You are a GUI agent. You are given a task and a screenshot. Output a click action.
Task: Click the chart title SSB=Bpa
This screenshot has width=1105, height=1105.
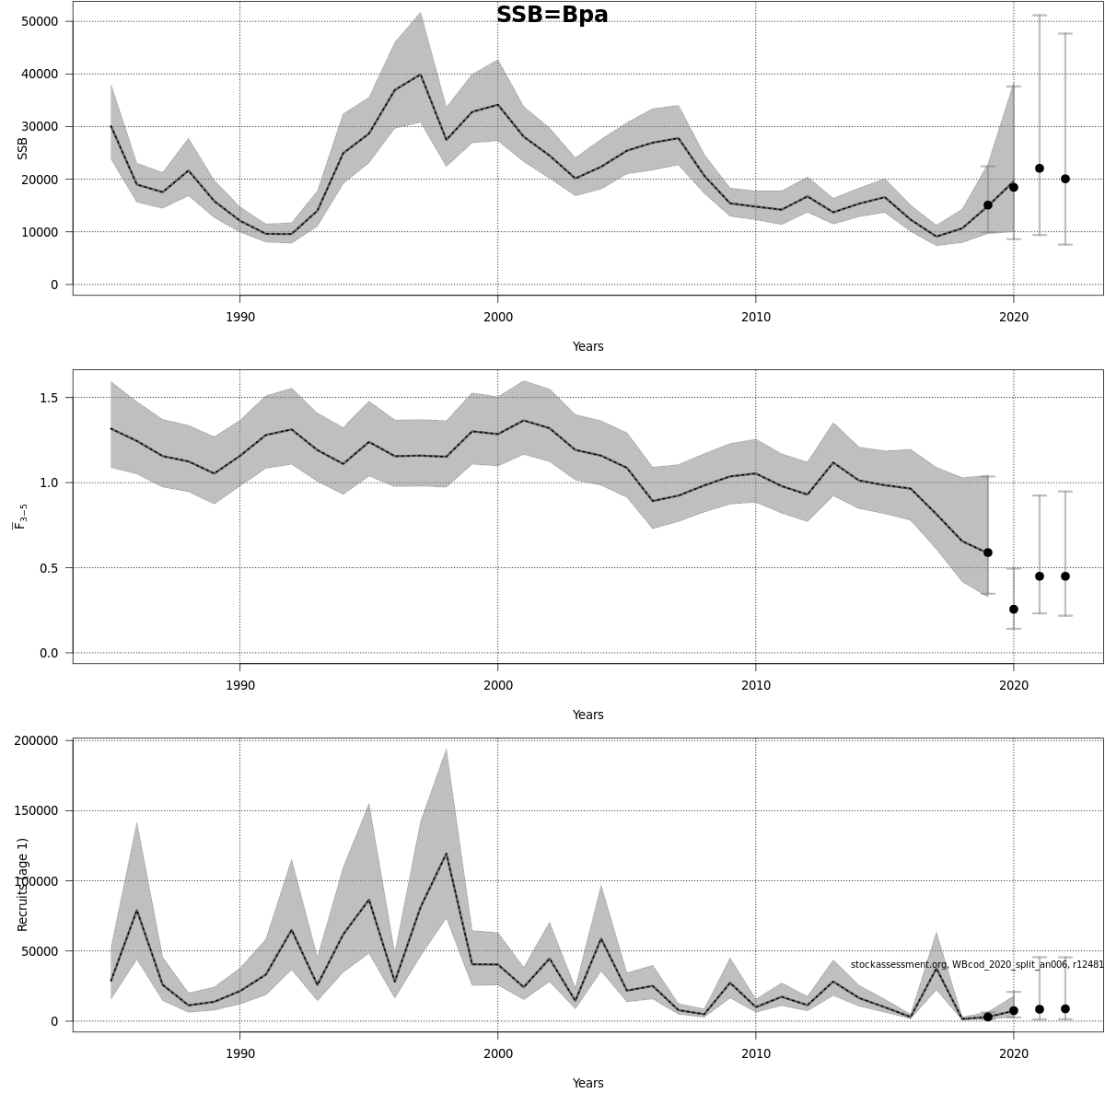coord(552,15)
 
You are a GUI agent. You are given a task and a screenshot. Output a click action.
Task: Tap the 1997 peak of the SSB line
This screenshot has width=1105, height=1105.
coord(421,75)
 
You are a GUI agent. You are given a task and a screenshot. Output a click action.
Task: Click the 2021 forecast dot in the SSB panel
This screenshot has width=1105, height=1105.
coord(1040,169)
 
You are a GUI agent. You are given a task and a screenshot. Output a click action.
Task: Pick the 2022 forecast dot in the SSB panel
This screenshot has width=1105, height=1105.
coord(1065,179)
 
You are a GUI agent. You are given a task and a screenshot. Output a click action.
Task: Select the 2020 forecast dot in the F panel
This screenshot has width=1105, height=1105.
coord(1014,609)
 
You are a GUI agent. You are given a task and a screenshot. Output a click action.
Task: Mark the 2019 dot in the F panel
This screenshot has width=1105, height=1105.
coord(988,552)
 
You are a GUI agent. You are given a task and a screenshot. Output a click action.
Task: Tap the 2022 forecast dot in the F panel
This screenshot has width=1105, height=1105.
coord(1065,576)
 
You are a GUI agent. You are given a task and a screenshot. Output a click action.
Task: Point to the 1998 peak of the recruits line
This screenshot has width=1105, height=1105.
coord(447,854)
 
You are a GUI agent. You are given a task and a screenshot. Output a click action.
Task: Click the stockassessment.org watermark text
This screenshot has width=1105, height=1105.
coord(976,964)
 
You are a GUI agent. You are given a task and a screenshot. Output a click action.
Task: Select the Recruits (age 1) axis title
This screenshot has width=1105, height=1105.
coord(22,884)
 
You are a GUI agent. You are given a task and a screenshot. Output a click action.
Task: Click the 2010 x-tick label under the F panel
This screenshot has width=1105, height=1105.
coord(755,686)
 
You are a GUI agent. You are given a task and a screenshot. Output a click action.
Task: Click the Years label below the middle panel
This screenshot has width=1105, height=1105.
coord(587,715)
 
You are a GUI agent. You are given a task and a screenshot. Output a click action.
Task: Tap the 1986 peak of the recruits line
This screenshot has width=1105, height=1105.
coord(137,910)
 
